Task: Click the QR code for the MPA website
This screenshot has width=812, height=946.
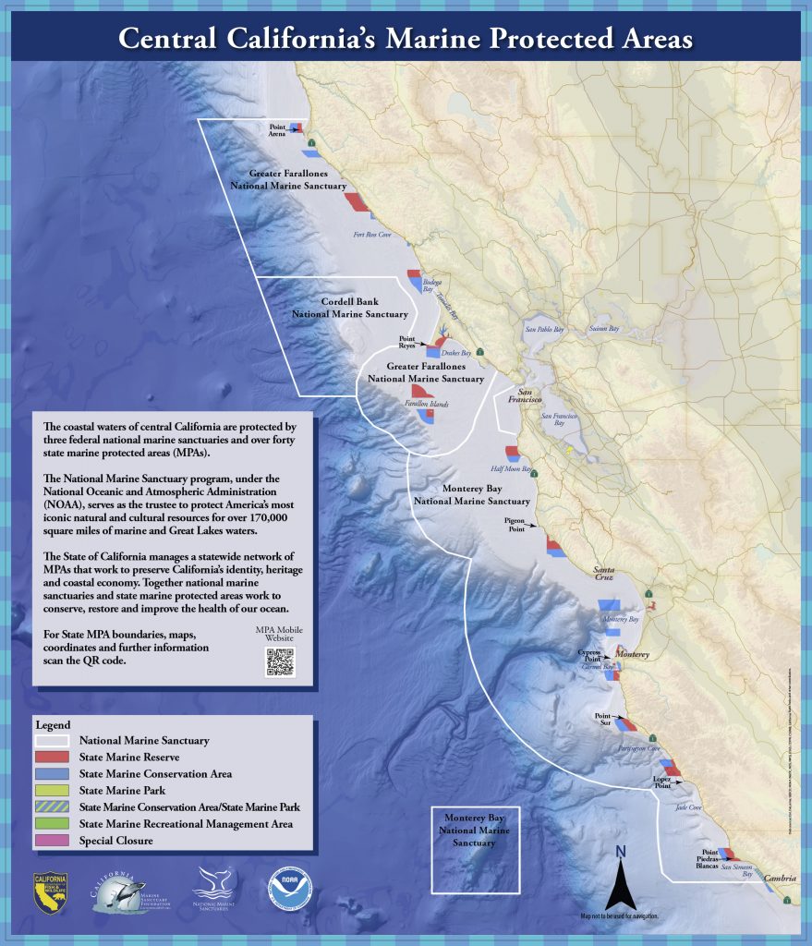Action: [280, 662]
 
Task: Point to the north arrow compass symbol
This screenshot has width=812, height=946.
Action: [621, 878]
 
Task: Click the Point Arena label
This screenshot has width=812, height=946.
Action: [277, 130]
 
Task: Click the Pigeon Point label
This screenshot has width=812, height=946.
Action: [515, 525]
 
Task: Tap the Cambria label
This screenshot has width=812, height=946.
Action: [781, 879]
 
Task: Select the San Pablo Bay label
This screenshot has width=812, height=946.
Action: [543, 329]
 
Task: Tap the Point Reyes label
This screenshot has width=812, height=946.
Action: [406, 343]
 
